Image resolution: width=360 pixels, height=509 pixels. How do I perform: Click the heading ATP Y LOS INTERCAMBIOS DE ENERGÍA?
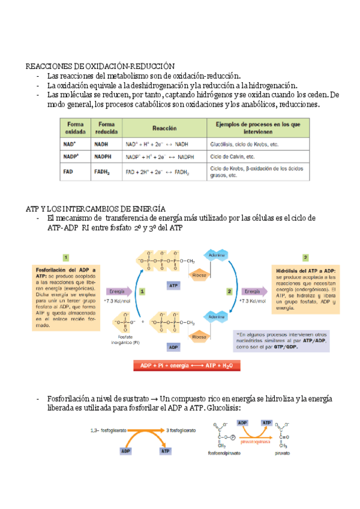tap(95, 207)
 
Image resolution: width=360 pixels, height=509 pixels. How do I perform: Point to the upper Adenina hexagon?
tap(217, 256)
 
